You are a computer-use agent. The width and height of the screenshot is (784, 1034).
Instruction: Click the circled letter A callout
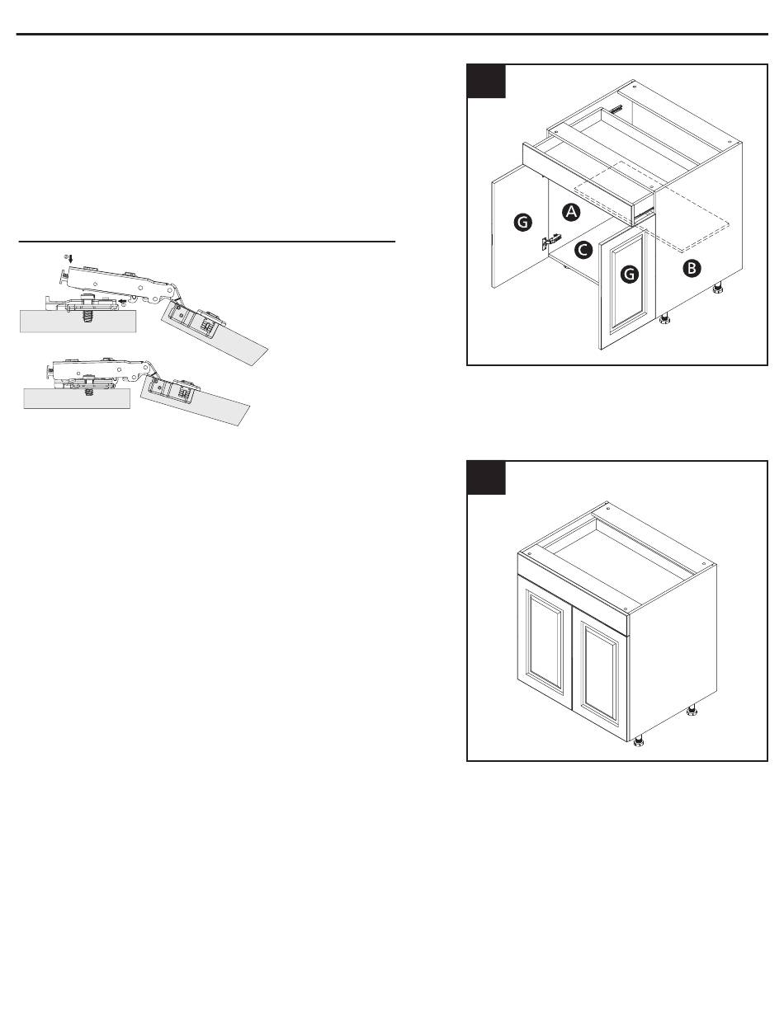[x=571, y=212]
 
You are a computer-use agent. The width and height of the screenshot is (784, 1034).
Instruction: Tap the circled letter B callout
[x=691, y=268]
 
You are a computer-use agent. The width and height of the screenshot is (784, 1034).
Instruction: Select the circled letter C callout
[x=583, y=249]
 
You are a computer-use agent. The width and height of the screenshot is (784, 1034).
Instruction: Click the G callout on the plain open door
[x=523, y=222]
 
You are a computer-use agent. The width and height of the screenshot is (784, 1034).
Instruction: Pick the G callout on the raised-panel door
[x=630, y=274]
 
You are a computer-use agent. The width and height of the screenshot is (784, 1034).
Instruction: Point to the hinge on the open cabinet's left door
[x=550, y=241]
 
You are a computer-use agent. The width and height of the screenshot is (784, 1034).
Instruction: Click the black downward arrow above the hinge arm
[x=71, y=259]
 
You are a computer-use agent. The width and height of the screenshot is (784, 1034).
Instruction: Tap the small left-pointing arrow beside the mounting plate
[x=121, y=300]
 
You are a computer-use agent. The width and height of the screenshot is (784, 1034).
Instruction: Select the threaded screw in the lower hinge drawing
[x=88, y=392]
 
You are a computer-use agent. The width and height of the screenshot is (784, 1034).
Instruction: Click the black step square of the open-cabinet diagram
[x=486, y=82]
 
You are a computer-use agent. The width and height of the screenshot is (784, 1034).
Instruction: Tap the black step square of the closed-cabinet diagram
[x=486, y=477]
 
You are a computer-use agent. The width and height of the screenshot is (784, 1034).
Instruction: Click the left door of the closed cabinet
[x=545, y=643]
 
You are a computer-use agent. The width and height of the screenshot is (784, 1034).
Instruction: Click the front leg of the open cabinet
[x=665, y=319]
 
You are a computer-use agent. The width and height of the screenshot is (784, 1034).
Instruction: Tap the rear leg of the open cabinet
[x=718, y=287]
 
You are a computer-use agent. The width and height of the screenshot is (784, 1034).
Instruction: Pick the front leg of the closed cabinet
[x=638, y=742]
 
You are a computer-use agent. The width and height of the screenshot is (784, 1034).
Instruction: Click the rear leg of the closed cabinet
[x=692, y=710]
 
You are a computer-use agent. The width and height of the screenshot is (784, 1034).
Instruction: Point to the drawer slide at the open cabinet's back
[x=616, y=110]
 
